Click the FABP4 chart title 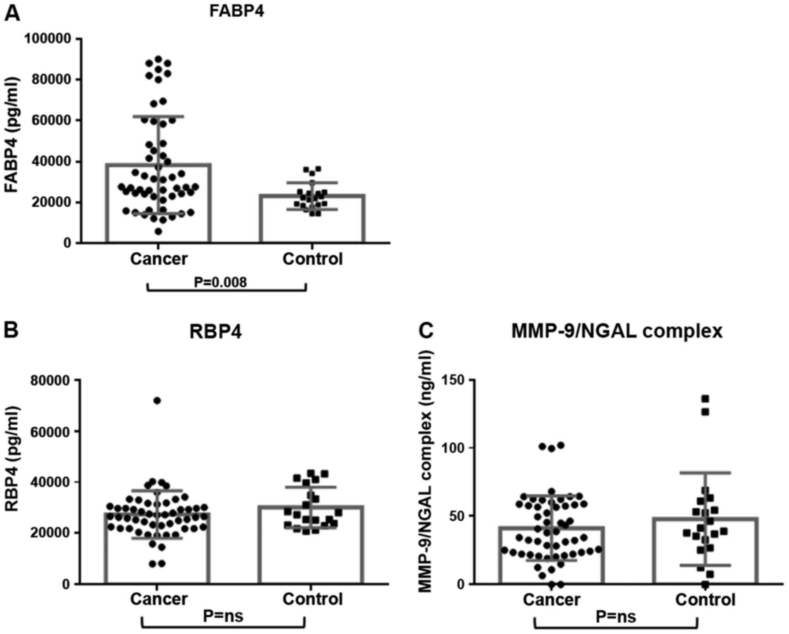click(237, 11)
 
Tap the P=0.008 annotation click(220, 282)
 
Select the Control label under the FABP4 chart click(312, 259)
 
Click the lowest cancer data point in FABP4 click(158, 232)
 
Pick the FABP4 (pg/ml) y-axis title click(12, 135)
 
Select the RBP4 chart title click(216, 333)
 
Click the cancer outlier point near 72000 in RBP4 click(157, 401)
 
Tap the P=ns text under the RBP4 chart click(223, 616)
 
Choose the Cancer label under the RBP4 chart click(159, 599)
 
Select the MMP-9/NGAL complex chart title click(617, 331)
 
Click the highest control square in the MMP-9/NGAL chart click(705, 399)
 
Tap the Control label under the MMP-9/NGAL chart click(705, 600)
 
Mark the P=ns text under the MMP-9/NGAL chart click(616, 617)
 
